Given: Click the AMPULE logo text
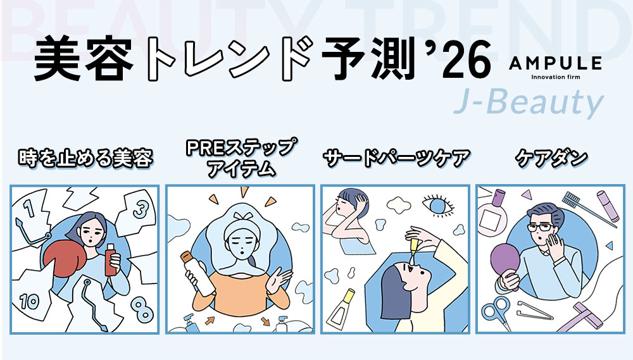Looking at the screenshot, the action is pos(556,63).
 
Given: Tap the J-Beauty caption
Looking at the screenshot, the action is pos(529,102).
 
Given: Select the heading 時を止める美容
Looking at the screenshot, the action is pos(85,158).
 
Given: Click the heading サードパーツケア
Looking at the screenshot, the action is pos(397,158).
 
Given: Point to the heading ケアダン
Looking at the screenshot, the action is pos(551,158).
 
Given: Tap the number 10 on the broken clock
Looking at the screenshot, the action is pos(30,301).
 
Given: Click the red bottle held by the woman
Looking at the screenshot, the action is pos(110,260).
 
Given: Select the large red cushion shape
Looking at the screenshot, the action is pos(64,258).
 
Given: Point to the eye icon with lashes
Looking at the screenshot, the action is pos(437,205).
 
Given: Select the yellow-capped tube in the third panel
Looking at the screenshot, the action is pos(341,309).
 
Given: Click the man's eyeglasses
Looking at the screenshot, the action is pos(540,228).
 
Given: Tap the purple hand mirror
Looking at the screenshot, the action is pos(505,264).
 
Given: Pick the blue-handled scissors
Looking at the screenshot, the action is pos(496,313).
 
